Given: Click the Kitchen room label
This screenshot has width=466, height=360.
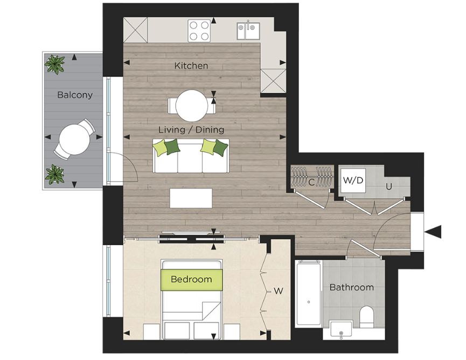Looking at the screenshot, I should click(191, 66).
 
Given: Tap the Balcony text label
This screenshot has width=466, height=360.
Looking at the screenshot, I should click(75, 95).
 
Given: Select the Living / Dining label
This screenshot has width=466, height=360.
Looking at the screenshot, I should click(191, 130).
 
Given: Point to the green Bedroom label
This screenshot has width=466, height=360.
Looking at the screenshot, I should click(191, 279).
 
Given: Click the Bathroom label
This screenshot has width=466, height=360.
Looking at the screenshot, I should click(351, 287).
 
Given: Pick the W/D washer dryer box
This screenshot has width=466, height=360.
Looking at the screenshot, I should click(353, 181).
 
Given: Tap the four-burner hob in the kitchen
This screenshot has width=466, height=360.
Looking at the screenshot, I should click(199, 30).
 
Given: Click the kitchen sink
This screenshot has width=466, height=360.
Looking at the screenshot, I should click(248, 31).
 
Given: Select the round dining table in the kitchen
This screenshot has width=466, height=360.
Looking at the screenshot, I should click(192, 105).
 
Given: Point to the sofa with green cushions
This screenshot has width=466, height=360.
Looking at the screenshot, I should click(191, 156).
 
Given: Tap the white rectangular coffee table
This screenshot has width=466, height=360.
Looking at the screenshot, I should click(191, 198).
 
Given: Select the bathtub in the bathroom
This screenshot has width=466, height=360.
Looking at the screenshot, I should click(308, 293).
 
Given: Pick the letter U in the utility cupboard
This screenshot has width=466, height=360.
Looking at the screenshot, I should click(388, 187).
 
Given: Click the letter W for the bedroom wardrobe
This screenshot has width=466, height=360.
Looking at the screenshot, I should click(279, 292).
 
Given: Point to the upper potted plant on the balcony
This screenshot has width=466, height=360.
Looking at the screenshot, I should click(54, 64).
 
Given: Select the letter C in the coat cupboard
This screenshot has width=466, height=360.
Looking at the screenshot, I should click(311, 182).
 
